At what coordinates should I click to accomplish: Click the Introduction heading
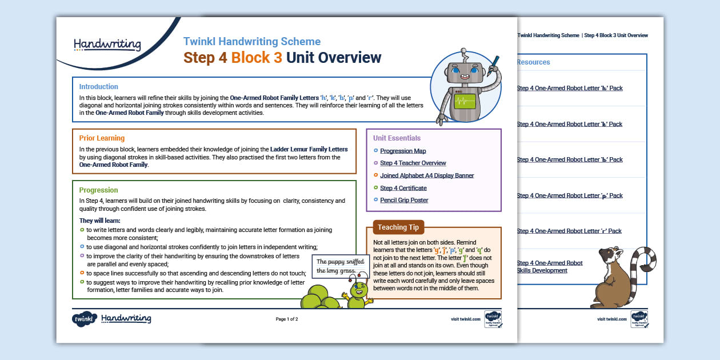(98, 87)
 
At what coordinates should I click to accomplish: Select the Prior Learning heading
(102, 138)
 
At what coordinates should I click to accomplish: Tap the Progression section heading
(98, 190)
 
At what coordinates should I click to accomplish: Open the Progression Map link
(403, 151)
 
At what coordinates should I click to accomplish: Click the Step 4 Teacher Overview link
(413, 163)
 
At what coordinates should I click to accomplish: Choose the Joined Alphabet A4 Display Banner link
(427, 175)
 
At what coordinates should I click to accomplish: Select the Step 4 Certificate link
(403, 188)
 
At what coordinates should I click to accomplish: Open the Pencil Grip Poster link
(404, 200)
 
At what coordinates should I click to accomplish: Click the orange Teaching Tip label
(398, 227)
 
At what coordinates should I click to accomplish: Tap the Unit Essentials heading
(397, 138)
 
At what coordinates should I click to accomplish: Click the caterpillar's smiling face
(361, 288)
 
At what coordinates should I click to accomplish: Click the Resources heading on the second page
(533, 62)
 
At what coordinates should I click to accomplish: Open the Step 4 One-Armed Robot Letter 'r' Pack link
(569, 231)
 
